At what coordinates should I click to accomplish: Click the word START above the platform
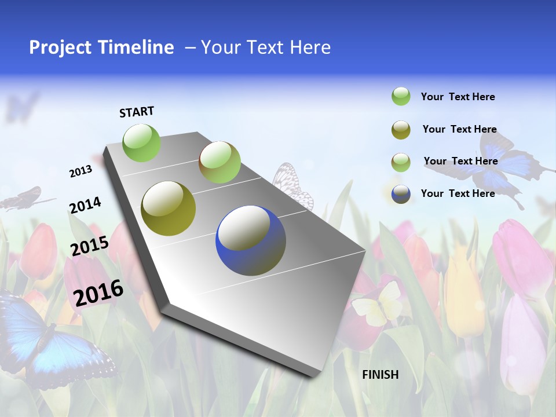(x=137, y=112)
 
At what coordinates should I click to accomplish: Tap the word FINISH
(x=380, y=375)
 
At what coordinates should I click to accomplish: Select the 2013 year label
(x=81, y=171)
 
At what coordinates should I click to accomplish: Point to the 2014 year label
(x=85, y=205)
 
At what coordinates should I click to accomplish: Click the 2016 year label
(x=98, y=293)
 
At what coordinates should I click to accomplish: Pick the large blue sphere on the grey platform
(x=251, y=240)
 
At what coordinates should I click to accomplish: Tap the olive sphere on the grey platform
(x=168, y=209)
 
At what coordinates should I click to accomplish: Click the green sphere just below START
(x=141, y=142)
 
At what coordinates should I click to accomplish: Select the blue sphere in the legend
(x=401, y=194)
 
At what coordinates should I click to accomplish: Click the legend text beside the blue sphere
(x=458, y=193)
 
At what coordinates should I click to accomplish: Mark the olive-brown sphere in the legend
(x=401, y=130)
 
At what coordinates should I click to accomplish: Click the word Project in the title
(x=61, y=47)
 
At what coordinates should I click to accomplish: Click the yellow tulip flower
(x=463, y=295)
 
